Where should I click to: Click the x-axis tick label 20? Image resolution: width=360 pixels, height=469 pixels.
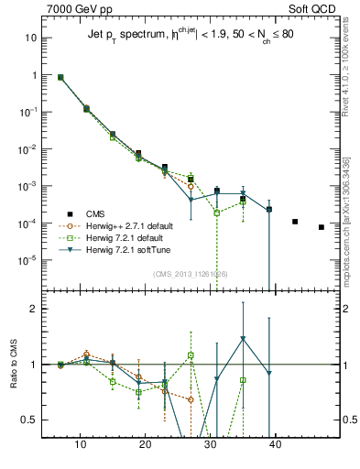[x=146, y=443]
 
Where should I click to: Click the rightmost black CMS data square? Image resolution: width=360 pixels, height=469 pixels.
[x=322, y=227]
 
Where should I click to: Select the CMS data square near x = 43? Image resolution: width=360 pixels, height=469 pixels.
[x=295, y=222]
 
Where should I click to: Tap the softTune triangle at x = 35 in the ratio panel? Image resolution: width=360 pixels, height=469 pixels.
[x=243, y=339]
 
